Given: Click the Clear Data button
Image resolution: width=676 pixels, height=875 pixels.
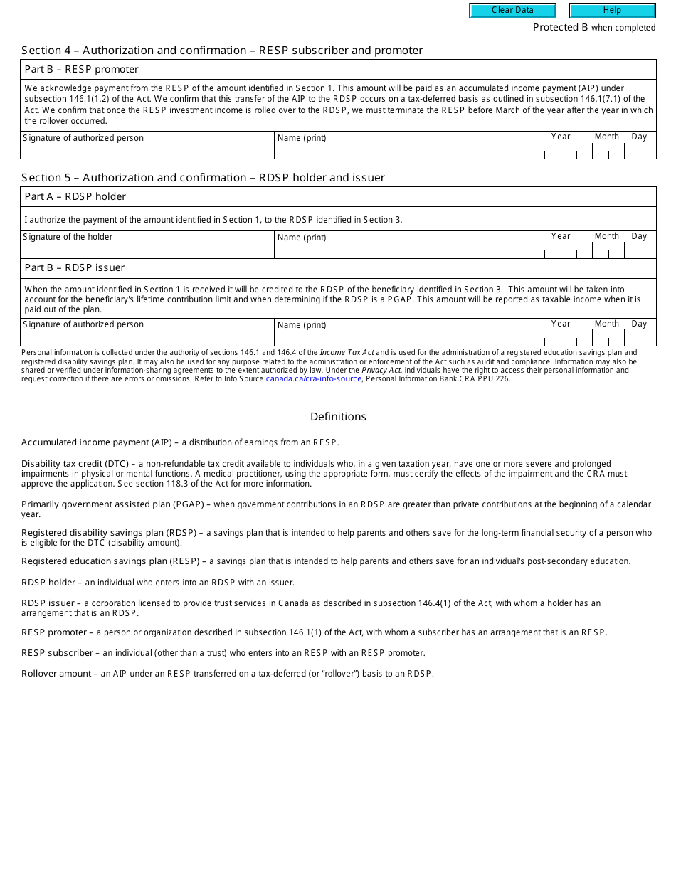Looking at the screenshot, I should click(x=512, y=11).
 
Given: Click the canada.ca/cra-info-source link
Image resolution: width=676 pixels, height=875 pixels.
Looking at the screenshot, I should click(x=314, y=379).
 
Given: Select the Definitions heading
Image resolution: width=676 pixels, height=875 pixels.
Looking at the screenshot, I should click(x=338, y=417).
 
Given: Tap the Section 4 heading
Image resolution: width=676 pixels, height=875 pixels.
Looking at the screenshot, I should click(x=222, y=51).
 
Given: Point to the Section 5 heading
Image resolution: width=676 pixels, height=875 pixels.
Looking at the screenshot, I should click(x=203, y=178).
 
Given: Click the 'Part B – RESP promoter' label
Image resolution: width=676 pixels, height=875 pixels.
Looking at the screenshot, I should click(x=81, y=70).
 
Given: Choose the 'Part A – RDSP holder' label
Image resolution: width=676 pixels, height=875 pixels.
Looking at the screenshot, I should click(x=75, y=197).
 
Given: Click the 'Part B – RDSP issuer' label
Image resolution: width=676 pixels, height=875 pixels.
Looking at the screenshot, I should click(x=74, y=268).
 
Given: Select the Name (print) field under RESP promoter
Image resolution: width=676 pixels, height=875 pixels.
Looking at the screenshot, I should click(x=401, y=146).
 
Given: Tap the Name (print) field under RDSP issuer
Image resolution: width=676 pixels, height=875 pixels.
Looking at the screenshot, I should click(x=401, y=333).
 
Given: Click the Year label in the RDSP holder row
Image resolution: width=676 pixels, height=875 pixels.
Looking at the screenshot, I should click(x=561, y=236).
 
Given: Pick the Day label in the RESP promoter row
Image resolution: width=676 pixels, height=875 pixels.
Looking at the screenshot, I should click(x=639, y=137).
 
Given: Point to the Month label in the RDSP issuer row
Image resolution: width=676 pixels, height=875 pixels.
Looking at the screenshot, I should click(x=607, y=324).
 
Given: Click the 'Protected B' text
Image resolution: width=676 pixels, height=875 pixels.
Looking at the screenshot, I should click(x=561, y=28).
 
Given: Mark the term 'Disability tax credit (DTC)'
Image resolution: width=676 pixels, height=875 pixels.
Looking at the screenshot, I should click(x=75, y=464).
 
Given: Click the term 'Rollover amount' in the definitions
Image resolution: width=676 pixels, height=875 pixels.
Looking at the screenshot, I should click(x=56, y=674).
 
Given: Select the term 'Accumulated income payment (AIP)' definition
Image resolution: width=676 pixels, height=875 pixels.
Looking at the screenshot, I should click(x=97, y=442).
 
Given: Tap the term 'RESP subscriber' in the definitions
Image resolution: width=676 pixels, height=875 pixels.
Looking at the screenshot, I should click(x=57, y=653).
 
